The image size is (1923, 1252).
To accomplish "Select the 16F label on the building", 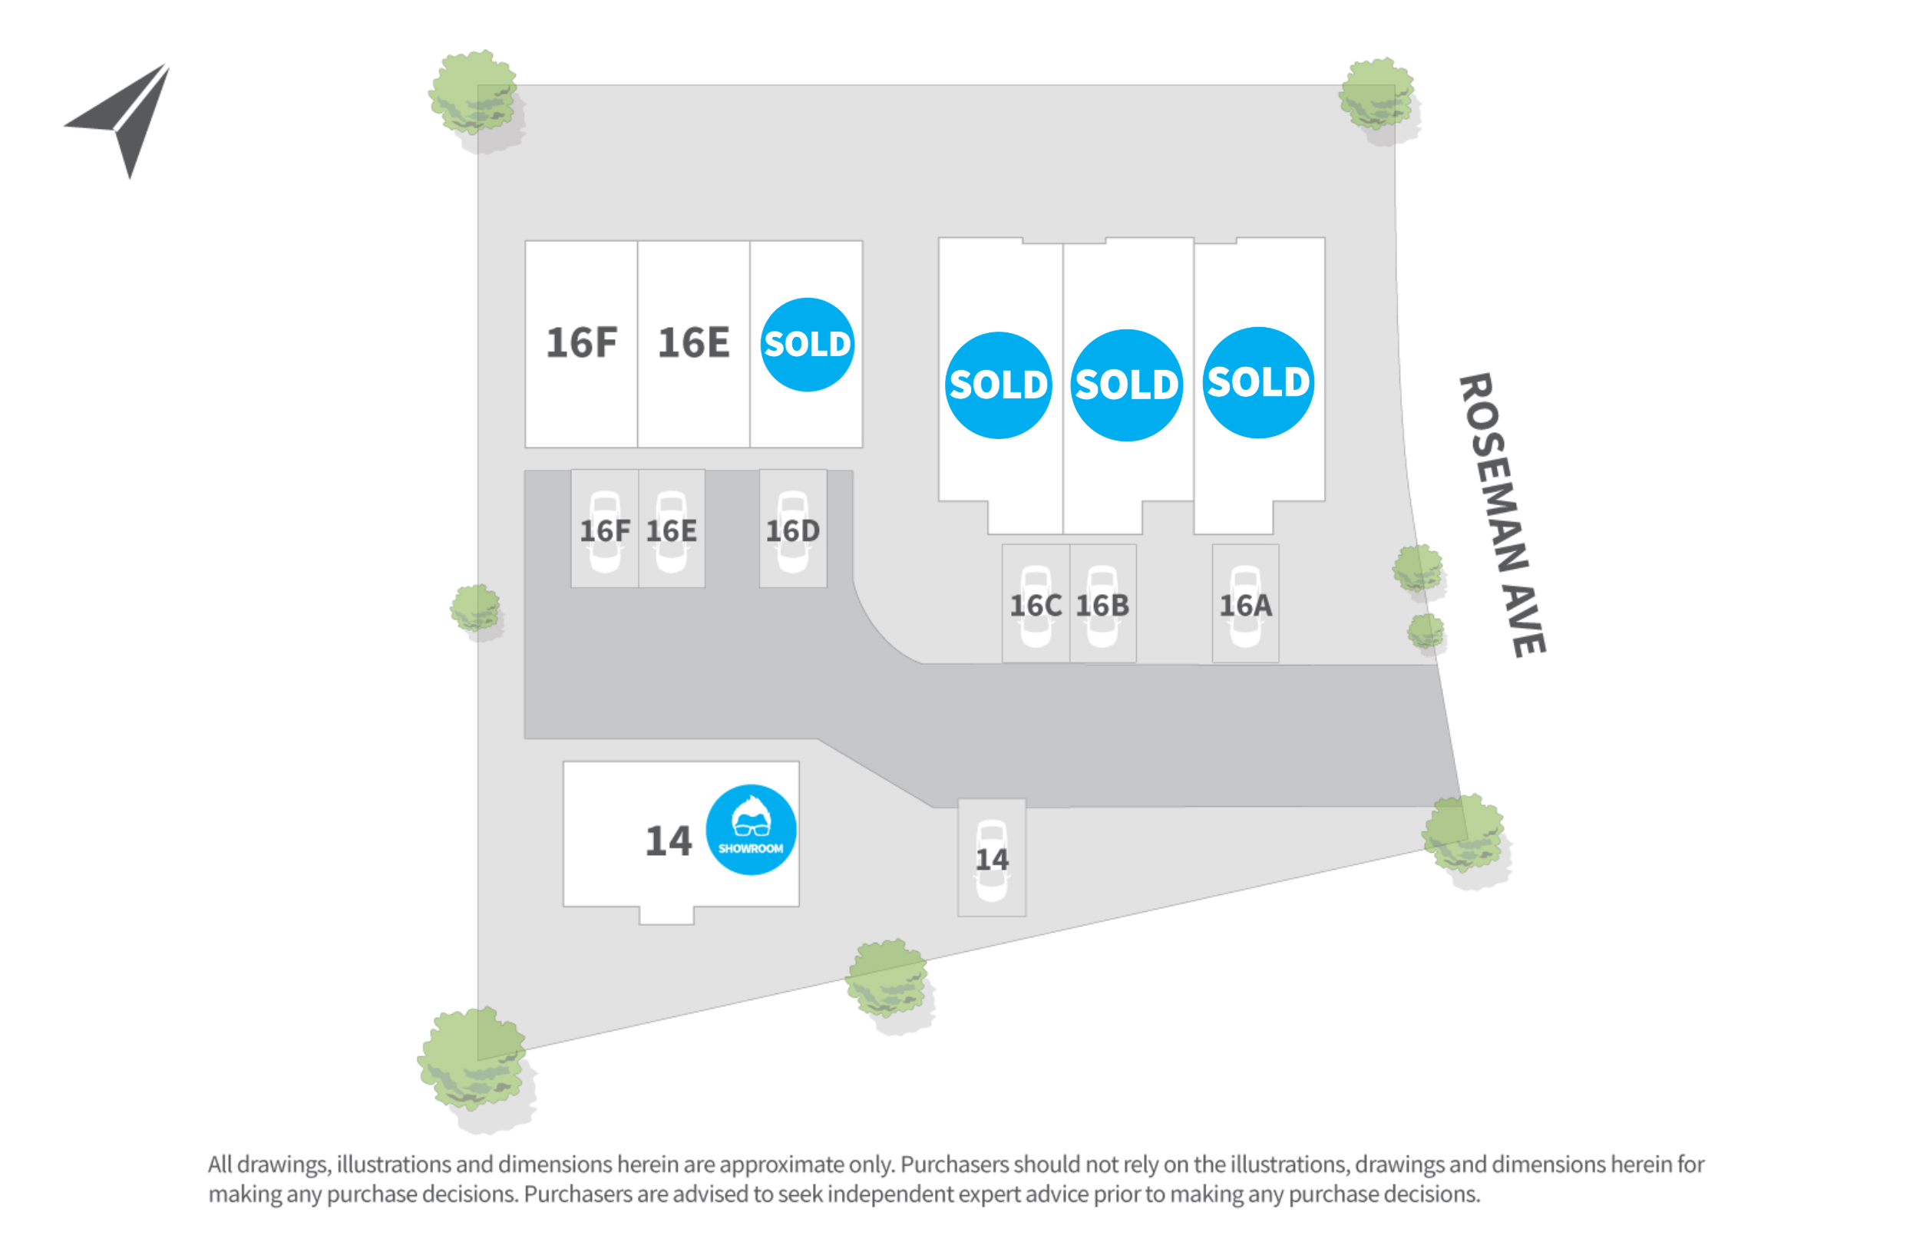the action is (x=581, y=342).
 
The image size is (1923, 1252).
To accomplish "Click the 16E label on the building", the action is (x=693, y=342).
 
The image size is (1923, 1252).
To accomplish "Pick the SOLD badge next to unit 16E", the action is (x=807, y=345).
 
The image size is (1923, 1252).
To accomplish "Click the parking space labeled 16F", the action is (x=604, y=528).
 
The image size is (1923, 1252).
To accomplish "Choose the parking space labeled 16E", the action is (x=672, y=528).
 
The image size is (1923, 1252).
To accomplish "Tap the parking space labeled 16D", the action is (x=793, y=528).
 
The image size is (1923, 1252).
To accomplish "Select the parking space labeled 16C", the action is (x=1036, y=603).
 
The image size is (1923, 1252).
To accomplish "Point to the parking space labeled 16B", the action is (x=1103, y=603).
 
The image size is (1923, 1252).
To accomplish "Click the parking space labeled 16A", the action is (x=1245, y=603).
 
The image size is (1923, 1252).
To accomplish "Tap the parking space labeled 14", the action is (x=991, y=857).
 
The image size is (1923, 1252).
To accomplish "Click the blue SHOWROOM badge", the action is (x=751, y=830).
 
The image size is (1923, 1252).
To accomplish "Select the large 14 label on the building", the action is (x=668, y=841).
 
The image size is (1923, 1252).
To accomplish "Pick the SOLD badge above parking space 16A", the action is (x=1259, y=383).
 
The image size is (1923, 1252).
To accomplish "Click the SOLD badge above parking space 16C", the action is (x=999, y=385).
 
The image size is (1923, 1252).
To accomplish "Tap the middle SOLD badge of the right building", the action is (x=1126, y=385).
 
